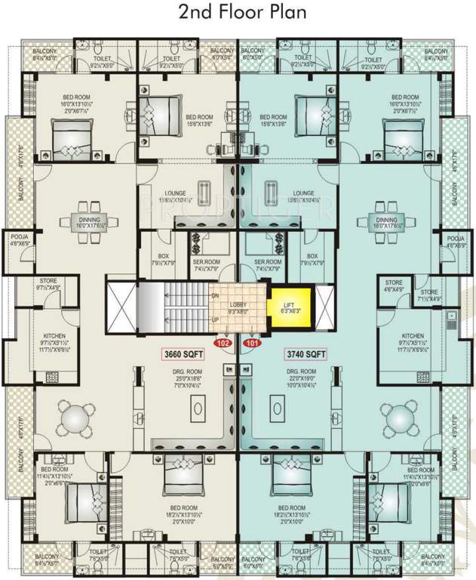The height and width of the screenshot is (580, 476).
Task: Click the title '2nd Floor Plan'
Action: point(238,13)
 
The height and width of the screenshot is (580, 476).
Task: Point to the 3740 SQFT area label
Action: point(306,353)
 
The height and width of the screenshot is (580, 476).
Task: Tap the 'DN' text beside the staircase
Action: point(215,295)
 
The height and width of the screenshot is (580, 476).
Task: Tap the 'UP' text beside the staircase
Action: point(215,319)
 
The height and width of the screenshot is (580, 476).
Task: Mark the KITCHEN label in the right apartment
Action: point(413,335)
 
